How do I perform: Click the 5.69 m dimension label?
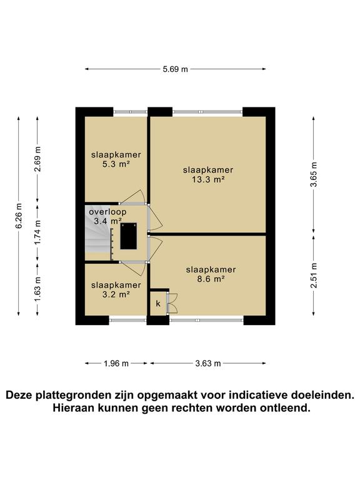(x=175, y=69)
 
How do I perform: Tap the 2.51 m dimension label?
(x=314, y=275)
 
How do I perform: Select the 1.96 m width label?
(x=116, y=363)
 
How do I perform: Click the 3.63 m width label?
(x=207, y=363)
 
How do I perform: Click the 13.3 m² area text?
(x=208, y=179)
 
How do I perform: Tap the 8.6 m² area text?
(x=211, y=279)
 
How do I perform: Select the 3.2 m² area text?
(x=116, y=294)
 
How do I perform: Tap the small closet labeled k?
(x=157, y=304)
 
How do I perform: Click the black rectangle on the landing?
(x=129, y=236)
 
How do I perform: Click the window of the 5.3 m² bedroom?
(x=130, y=112)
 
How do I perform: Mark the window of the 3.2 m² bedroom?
(x=127, y=321)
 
